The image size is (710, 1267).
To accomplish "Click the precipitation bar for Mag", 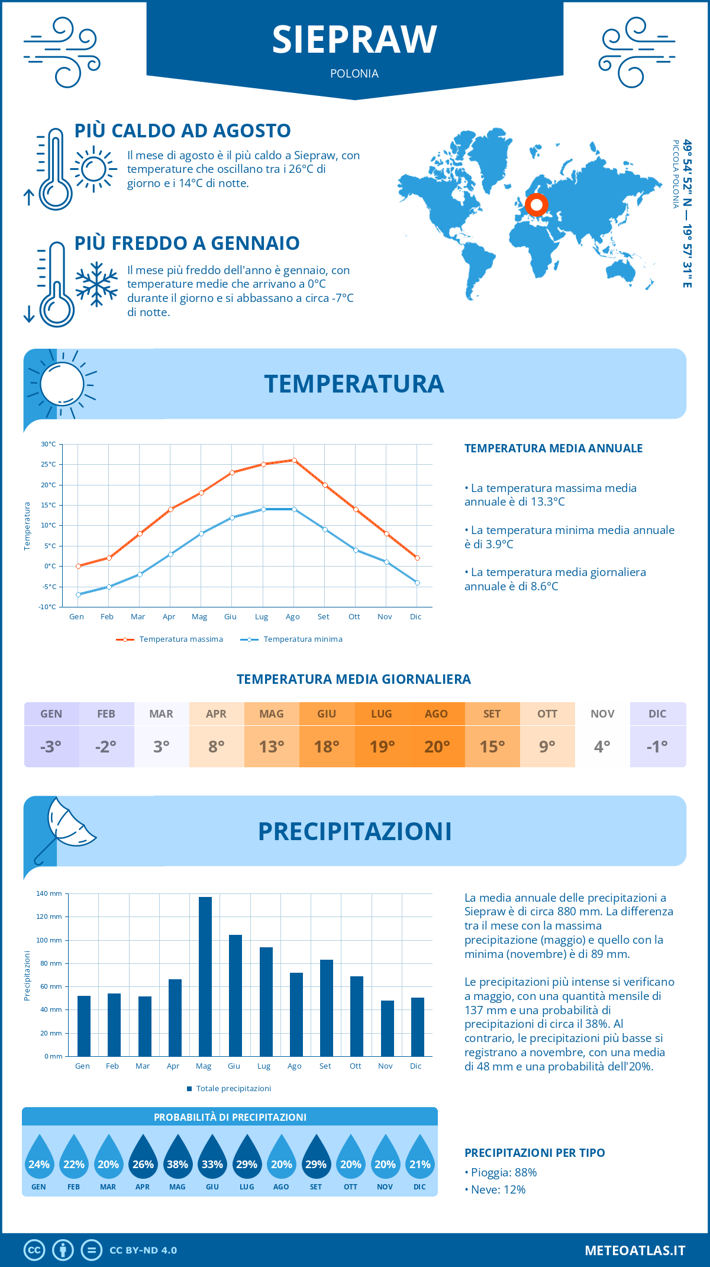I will pos(205,976).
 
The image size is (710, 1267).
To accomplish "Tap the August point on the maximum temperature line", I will pos(294,460).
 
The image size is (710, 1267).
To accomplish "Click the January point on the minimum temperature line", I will pos(78,594).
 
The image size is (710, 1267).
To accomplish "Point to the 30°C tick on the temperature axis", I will pos(49,444).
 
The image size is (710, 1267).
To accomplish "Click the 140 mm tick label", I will pos(49,893).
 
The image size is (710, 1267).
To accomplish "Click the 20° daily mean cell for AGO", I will pos(437,747).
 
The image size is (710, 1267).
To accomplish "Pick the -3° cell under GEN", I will pos(51,747).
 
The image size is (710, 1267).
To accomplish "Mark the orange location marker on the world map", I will pos(537,205).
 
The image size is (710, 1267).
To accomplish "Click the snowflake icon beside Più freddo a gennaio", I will pos(96,284).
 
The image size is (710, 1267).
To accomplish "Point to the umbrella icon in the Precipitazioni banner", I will pos(66,826).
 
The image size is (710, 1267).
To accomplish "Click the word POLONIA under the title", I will pos(354,73).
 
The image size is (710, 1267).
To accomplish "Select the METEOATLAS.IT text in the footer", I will pos(635,1250).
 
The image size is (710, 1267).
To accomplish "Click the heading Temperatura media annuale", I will pos(553,448).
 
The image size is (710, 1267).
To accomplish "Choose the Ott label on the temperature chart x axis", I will pos(354,617).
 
